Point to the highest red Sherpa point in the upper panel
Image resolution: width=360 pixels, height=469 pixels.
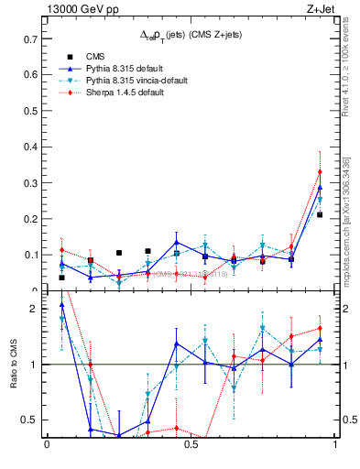tap(320, 171)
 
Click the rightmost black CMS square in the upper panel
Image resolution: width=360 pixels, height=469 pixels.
tap(320, 214)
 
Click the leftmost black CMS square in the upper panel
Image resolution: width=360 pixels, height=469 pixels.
tap(61, 278)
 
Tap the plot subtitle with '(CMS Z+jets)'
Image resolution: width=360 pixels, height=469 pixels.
tap(191, 35)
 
